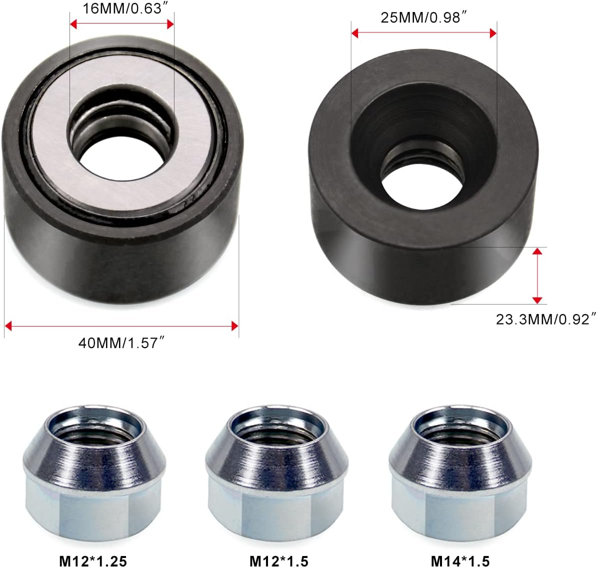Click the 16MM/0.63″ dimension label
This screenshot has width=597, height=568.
tap(122, 8)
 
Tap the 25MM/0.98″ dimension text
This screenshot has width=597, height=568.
tap(423, 17)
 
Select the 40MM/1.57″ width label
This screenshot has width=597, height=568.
tap(121, 343)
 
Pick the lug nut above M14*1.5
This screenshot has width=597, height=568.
tap(459, 470)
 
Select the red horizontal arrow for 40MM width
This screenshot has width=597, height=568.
tap(121, 326)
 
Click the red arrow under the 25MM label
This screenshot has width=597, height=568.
tap(423, 33)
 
